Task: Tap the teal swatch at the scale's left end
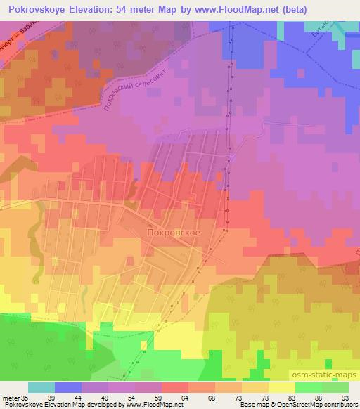coord(41,387)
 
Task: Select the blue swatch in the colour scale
coord(68,387)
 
